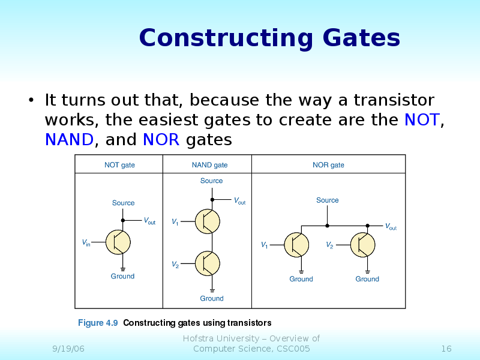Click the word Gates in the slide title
[361, 39]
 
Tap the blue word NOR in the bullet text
[161, 140]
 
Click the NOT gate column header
[119, 165]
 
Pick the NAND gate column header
[209, 165]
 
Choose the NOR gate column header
[328, 165]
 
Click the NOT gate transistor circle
[118, 242]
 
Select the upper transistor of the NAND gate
[208, 222]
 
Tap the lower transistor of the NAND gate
[208, 263]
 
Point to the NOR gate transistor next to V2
[362, 245]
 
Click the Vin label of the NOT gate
[86, 243]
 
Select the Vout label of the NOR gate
[391, 227]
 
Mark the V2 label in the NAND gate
[175, 264]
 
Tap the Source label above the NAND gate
[211, 181]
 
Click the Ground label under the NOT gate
[122, 276]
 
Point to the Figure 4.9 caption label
[98, 323]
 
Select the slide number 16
[446, 349]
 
